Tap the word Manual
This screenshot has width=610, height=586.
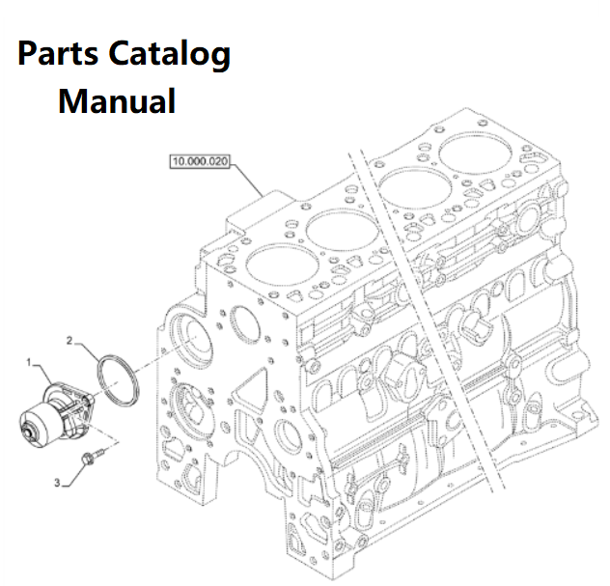point(117,99)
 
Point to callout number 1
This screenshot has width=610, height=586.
point(30,363)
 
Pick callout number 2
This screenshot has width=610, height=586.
point(70,341)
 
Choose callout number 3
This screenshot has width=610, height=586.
point(57,480)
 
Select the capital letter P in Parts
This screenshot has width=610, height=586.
point(28,54)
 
